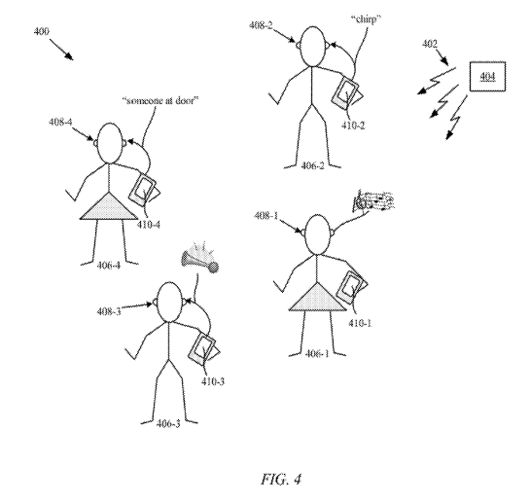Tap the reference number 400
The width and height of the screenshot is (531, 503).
[41, 31]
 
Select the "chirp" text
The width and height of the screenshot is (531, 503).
[366, 19]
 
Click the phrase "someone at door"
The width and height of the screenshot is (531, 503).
[160, 100]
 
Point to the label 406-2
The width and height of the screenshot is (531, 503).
[312, 165]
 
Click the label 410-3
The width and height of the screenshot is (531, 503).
[213, 381]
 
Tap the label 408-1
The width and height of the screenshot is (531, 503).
[265, 215]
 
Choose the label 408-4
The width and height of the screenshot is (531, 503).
[60, 122]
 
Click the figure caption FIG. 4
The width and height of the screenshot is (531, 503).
[281, 479]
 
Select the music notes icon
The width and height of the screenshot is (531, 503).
[373, 200]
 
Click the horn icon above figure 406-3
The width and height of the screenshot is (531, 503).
[199, 258]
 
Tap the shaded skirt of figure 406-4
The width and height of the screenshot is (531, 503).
[109, 206]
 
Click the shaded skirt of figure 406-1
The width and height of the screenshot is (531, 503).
[317, 296]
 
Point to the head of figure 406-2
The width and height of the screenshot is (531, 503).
[312, 47]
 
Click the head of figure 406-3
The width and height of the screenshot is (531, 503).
[169, 302]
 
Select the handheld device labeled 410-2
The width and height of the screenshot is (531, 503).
[344, 91]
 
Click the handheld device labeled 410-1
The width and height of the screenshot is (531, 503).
[350, 287]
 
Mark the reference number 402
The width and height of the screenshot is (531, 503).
[430, 44]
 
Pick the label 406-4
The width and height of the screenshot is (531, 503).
[108, 265]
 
